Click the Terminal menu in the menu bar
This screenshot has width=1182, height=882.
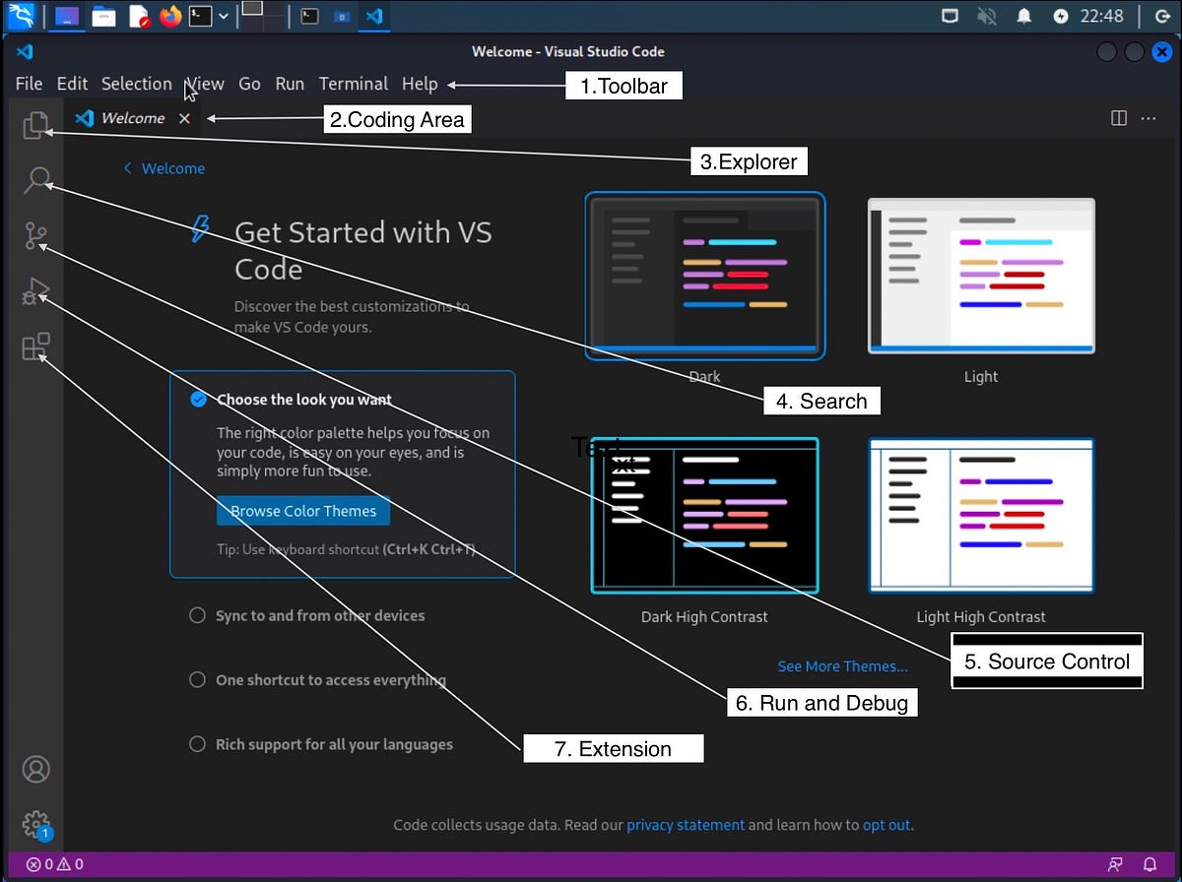(353, 84)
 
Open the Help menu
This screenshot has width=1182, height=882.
(420, 84)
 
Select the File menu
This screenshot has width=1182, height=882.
(29, 84)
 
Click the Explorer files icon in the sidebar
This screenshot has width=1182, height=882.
(35, 125)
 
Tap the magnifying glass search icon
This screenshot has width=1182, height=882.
(36, 180)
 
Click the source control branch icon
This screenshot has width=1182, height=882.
(35, 236)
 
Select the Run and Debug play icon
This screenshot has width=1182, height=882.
(35, 292)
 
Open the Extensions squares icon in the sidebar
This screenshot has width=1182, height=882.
(35, 347)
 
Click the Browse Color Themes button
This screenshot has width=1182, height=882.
(303, 511)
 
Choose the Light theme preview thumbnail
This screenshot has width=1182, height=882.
(980, 276)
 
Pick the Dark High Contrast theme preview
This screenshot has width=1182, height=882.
(704, 515)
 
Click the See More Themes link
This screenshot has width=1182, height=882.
(842, 666)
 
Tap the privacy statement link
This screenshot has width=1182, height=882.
(686, 825)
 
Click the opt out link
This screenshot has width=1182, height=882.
(886, 825)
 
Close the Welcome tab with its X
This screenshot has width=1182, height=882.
(184, 118)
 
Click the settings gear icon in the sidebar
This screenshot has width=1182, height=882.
(35, 823)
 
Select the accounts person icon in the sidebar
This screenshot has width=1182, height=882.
(35, 769)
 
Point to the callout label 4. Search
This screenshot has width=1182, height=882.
(821, 401)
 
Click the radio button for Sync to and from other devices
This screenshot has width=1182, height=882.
(198, 615)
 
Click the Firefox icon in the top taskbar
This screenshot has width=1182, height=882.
(170, 16)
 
